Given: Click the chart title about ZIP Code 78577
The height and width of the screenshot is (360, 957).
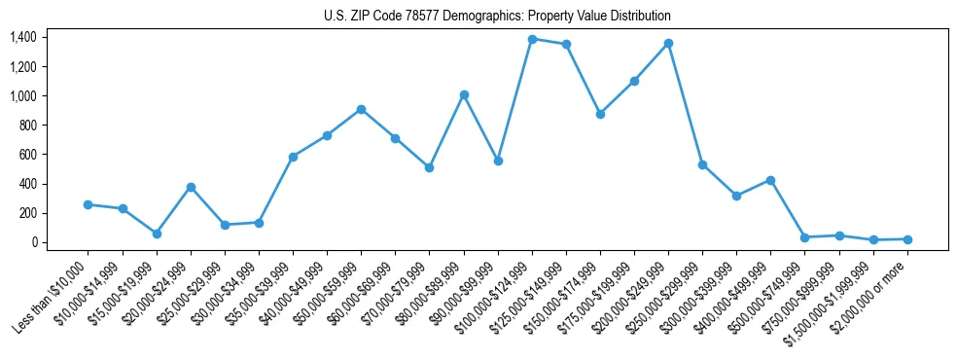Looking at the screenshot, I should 497,17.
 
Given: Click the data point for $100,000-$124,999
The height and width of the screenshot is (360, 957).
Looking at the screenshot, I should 532,39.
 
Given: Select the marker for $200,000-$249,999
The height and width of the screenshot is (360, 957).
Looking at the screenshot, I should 668,43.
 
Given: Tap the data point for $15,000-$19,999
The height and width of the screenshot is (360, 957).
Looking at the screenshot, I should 157,234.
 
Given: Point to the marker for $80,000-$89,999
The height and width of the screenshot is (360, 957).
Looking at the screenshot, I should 464,94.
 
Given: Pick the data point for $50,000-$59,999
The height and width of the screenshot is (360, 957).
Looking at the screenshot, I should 361,109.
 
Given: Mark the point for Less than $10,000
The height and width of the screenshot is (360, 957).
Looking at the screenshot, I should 89,204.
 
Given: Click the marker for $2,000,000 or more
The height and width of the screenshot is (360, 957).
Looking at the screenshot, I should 907,238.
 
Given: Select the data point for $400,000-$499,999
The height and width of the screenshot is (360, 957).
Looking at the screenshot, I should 770,180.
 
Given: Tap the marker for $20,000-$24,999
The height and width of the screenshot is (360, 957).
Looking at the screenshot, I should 191,187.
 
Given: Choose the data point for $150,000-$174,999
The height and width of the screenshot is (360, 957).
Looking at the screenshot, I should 600,114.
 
